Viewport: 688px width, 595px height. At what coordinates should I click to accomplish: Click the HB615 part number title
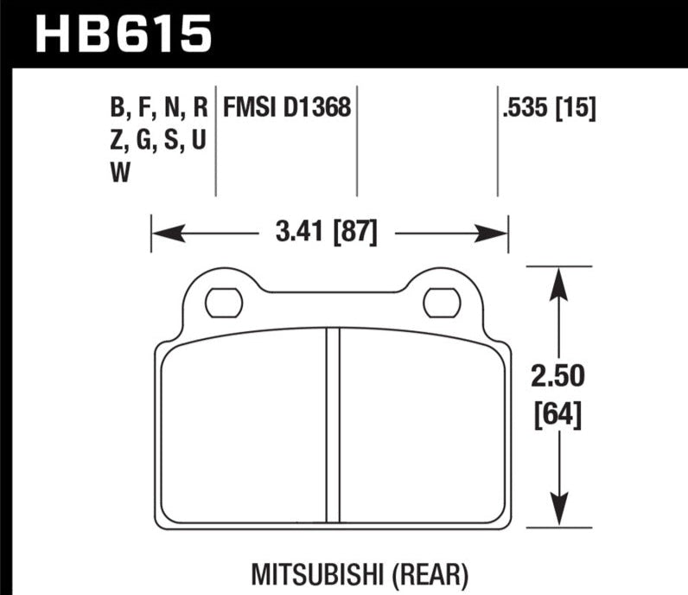124,34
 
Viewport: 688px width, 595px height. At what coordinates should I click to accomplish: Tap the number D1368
317,106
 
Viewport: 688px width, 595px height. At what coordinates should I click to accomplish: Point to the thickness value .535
526,107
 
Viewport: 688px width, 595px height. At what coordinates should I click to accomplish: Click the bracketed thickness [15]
576,107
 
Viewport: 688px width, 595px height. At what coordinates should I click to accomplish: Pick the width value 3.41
299,232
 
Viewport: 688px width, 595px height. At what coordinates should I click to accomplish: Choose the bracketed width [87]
355,232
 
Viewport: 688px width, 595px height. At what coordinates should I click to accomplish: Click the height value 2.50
558,376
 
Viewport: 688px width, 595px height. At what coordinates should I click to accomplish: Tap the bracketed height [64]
557,414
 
